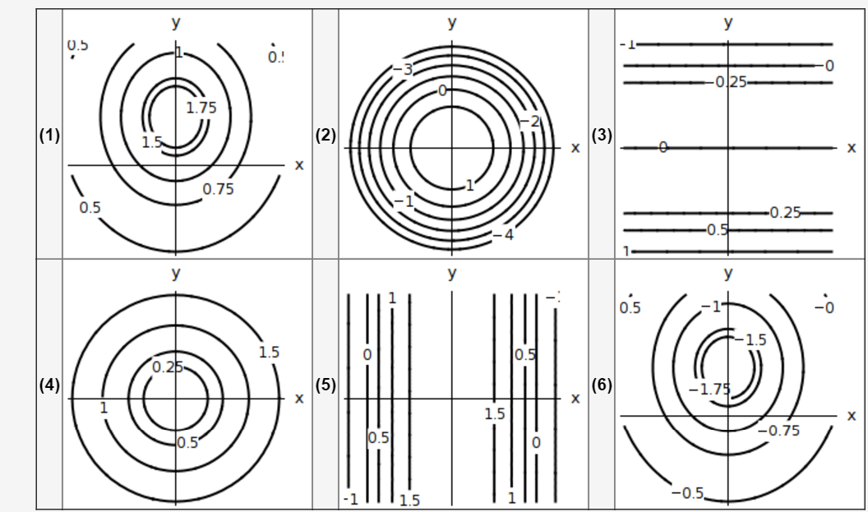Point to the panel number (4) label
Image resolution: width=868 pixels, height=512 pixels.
pyautogui.click(x=50, y=385)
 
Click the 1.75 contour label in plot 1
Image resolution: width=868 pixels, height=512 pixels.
pyautogui.click(x=201, y=107)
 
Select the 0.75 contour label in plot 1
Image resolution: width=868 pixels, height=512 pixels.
pyautogui.click(x=219, y=189)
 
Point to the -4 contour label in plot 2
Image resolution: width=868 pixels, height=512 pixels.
pyautogui.click(x=504, y=235)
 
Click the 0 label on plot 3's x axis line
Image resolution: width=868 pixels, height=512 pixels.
pyautogui.click(x=663, y=147)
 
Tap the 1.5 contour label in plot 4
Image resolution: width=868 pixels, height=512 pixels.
pyautogui.click(x=269, y=353)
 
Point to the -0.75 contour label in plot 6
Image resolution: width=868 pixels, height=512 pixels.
pyautogui.click(x=778, y=430)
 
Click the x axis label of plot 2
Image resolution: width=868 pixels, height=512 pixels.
pyautogui.click(x=575, y=148)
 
